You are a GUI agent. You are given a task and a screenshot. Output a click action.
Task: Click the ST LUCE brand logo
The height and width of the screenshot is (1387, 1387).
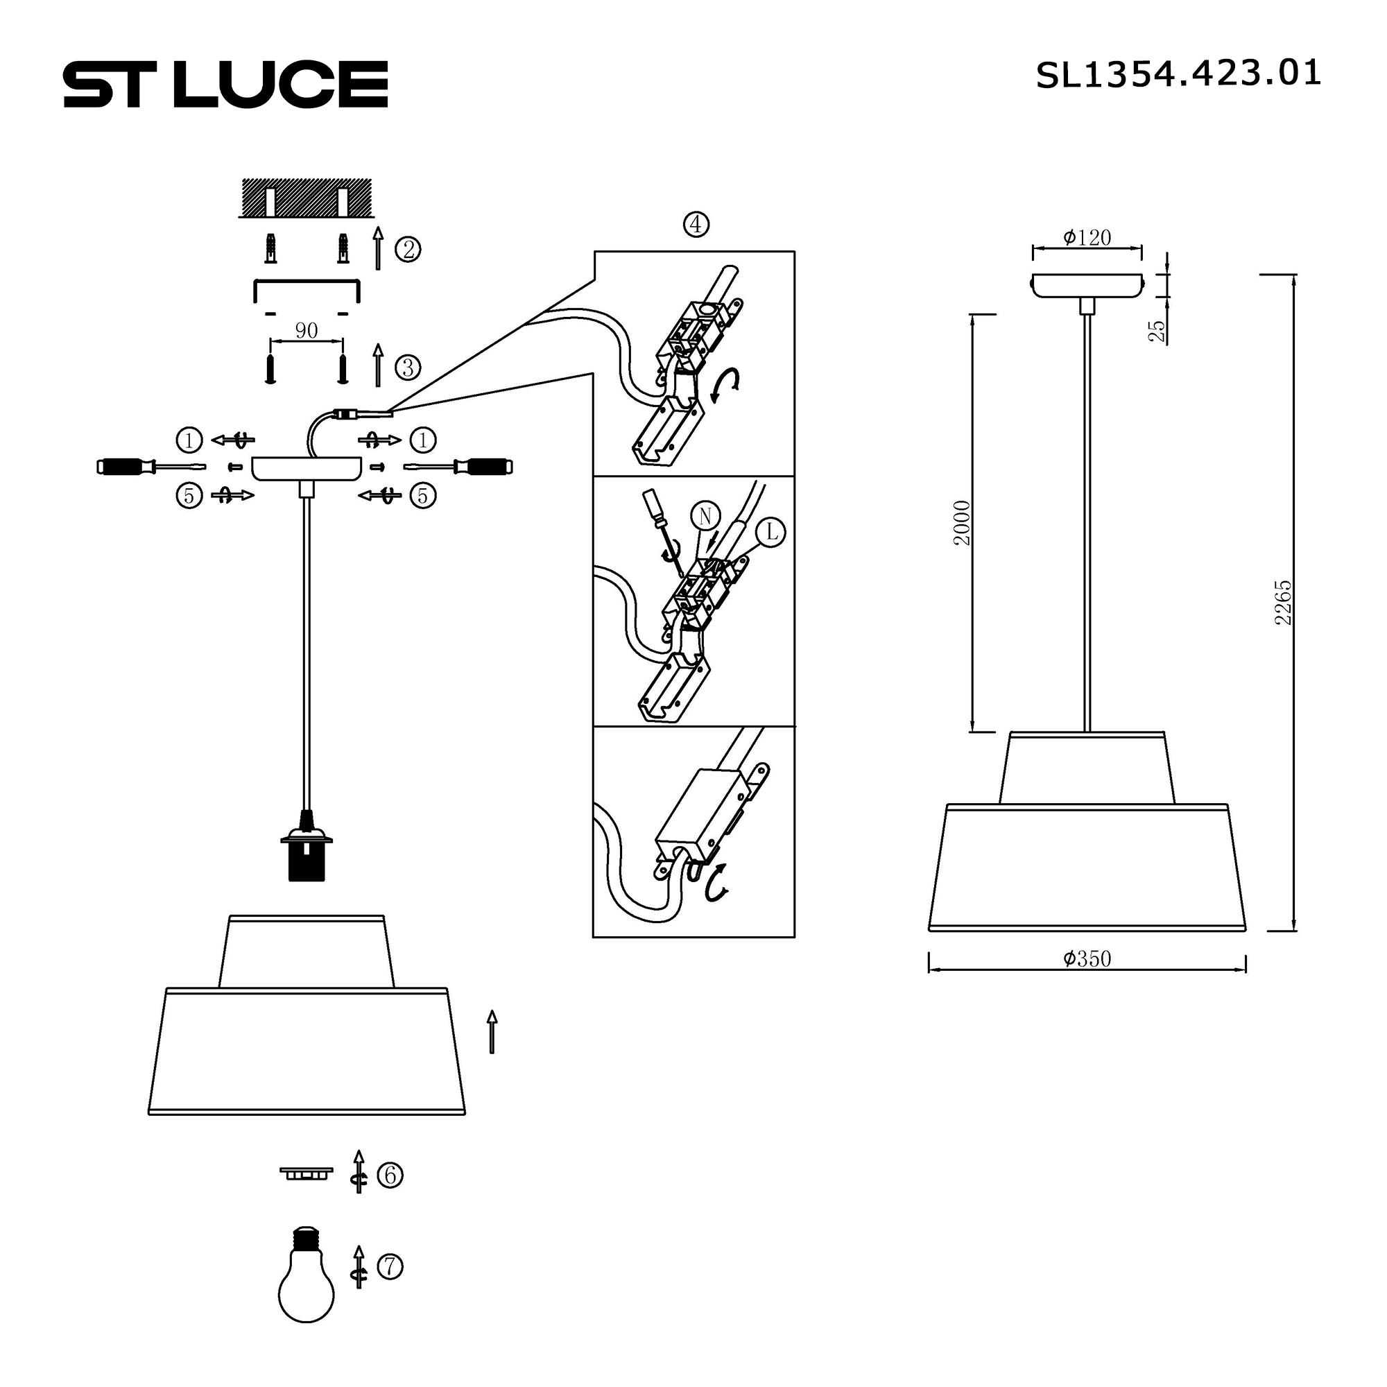[225, 84]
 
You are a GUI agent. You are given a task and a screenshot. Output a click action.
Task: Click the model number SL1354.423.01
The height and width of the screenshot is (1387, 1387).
[1178, 75]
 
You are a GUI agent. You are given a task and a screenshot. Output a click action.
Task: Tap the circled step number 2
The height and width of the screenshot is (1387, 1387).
[408, 250]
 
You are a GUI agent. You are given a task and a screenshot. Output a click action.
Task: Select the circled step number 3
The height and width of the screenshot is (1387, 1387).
[408, 368]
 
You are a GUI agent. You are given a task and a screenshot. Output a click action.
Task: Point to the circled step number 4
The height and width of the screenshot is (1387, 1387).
[696, 225]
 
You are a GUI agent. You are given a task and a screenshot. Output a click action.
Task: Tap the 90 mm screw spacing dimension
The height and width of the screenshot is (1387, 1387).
[307, 331]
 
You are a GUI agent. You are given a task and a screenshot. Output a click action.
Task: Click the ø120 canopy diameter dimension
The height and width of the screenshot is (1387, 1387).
[1087, 239]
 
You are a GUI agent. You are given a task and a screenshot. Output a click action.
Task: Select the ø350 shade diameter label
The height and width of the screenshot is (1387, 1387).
[1087, 959]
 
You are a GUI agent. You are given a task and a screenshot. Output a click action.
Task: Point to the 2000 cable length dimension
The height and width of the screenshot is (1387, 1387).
[962, 523]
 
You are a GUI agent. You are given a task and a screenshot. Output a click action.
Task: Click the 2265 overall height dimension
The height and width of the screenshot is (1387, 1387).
[1283, 603]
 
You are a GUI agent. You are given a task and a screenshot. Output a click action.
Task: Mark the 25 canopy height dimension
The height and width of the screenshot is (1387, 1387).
[1157, 330]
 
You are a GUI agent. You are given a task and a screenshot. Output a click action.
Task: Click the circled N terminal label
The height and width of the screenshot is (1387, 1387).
[705, 515]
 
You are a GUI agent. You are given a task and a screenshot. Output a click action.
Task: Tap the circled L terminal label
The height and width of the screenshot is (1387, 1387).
[772, 532]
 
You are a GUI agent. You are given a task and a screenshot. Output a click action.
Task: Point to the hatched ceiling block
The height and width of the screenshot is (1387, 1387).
[307, 198]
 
